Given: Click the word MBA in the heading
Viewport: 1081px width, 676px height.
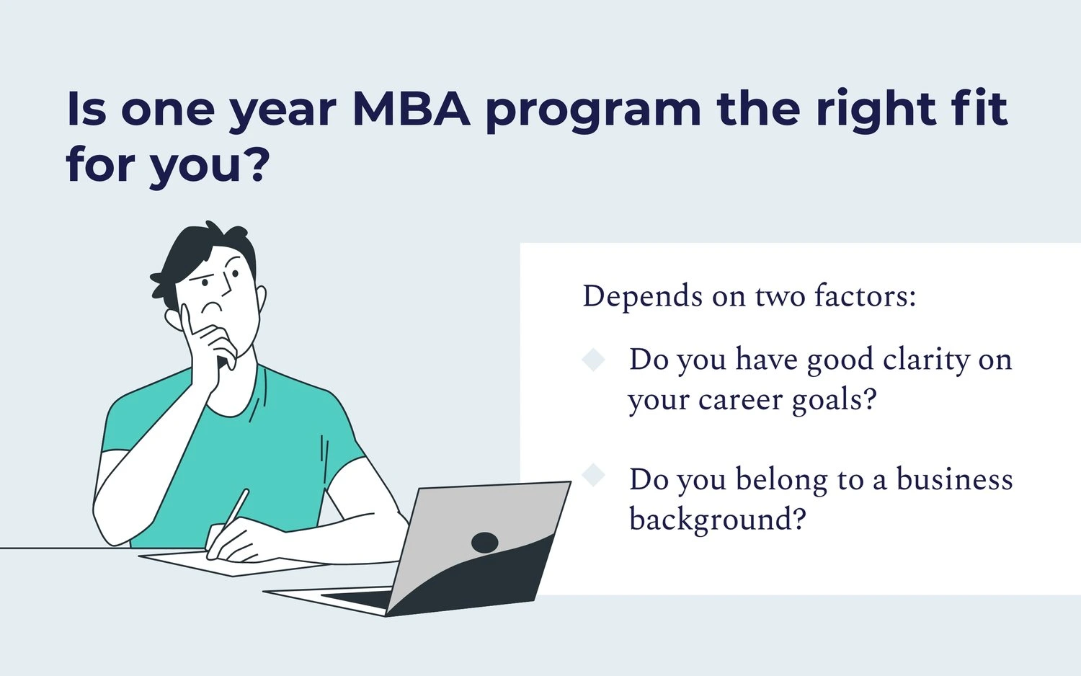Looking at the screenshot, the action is pyautogui.click(x=412, y=108).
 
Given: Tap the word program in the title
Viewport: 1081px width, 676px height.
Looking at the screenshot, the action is pyautogui.click(x=593, y=112).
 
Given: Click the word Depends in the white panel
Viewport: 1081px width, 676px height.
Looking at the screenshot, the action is pyautogui.click(x=642, y=297).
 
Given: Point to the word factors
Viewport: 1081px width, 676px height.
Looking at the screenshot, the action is pyautogui.click(x=865, y=296).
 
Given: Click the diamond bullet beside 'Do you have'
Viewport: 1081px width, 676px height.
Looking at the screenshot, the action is pyautogui.click(x=593, y=360).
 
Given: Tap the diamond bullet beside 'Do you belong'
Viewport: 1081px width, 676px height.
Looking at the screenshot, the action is pyautogui.click(x=593, y=476).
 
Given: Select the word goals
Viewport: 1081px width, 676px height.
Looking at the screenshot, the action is pyautogui.click(x=833, y=401).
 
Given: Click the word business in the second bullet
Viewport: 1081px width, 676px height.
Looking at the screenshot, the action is pyautogui.click(x=954, y=479).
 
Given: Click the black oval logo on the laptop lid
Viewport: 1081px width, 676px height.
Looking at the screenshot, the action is pyautogui.click(x=484, y=543).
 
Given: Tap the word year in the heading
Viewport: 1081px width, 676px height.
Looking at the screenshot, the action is pyautogui.click(x=283, y=112).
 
